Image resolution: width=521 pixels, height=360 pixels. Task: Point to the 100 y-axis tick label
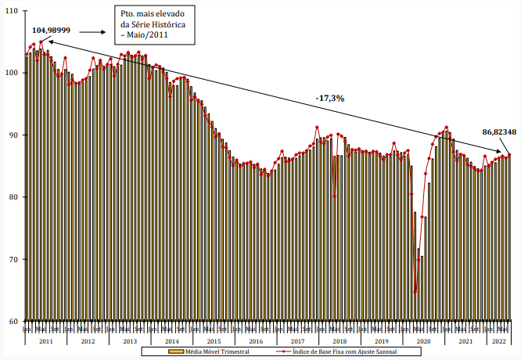pos(13,73)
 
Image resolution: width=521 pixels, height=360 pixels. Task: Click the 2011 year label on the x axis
pos(45,341)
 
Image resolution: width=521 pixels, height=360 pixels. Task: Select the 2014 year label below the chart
pos(172,341)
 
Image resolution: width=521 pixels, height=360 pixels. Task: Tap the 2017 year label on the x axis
pos(298,341)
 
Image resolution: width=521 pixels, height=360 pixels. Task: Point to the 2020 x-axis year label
pos(424,341)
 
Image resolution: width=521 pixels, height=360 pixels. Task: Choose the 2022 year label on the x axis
pos(496,341)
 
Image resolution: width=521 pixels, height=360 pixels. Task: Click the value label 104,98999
pos(52,30)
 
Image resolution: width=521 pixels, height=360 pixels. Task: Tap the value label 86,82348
pos(499,132)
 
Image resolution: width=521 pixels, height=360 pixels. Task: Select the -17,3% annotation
pos(330,98)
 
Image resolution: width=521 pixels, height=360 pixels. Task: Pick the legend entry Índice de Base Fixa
pos(343,353)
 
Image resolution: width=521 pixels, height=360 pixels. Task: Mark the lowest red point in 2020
pos(415,292)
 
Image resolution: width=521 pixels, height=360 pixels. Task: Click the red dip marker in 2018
pos(335,195)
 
